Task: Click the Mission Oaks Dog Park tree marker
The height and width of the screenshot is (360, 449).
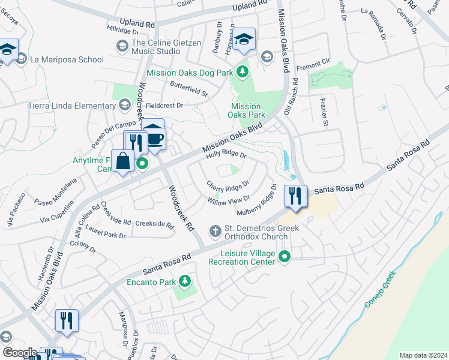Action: click(243, 73)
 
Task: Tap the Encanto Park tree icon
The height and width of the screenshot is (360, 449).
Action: click(185, 281)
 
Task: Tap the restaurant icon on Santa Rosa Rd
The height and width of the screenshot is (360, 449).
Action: click(295, 196)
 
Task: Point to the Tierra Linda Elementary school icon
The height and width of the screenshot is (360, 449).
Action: click(124, 106)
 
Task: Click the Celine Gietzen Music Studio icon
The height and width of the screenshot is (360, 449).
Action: click(122, 46)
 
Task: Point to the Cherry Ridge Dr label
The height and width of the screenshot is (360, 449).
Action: click(228, 187)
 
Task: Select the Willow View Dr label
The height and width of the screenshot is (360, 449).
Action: click(229, 201)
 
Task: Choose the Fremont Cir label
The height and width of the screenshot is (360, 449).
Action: click(313, 61)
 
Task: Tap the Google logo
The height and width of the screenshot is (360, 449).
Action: click(20, 353)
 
